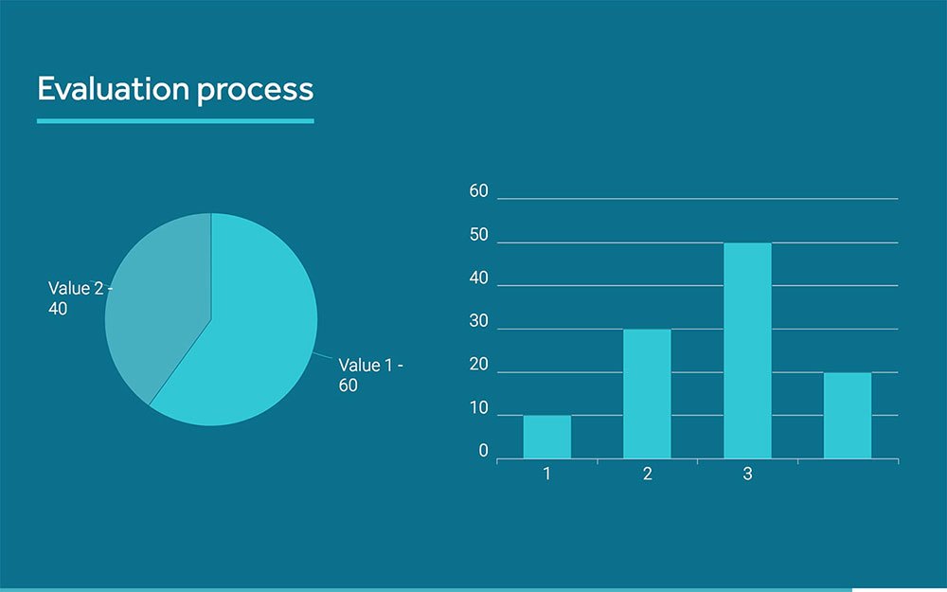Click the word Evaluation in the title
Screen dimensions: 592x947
[113, 89]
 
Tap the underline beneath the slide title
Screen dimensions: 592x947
[175, 120]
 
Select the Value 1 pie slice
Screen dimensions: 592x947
[251, 332]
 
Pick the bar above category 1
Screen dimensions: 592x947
[547, 437]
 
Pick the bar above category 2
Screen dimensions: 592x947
[647, 393]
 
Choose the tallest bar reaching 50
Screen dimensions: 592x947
[747, 350]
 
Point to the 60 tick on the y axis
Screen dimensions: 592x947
[479, 191]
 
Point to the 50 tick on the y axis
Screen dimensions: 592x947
[479, 236]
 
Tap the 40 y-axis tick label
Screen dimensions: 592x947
[479, 278]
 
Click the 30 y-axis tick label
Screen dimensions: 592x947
[479, 322]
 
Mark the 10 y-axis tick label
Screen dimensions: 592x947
[479, 409]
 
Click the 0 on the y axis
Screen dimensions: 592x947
[483, 452]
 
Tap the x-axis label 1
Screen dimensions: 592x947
[547, 474]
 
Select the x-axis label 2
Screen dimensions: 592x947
[647, 474]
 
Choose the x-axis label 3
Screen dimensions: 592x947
[747, 474]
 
